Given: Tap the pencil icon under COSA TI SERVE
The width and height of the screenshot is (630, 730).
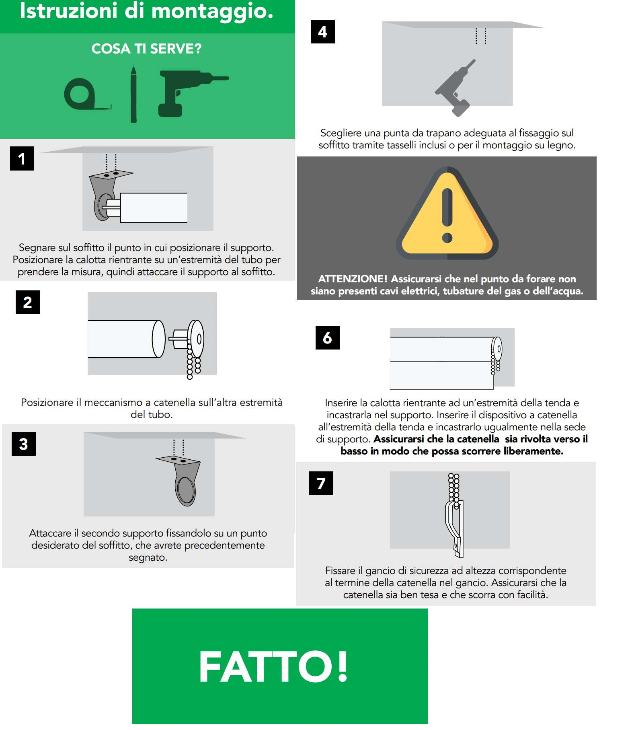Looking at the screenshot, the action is click(x=133, y=94).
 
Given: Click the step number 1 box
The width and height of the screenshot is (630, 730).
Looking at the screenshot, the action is click(x=22, y=158).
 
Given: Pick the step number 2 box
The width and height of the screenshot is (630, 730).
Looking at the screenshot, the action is click(x=28, y=302).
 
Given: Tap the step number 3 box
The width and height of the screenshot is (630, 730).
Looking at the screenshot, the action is click(x=24, y=444).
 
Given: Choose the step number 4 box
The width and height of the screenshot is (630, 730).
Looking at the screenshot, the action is click(x=323, y=31).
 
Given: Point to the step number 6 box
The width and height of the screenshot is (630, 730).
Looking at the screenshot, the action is click(x=328, y=337).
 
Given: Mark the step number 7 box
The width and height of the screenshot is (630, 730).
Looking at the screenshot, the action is click(x=321, y=483).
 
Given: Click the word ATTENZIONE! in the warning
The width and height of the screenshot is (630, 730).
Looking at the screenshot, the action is click(x=353, y=279).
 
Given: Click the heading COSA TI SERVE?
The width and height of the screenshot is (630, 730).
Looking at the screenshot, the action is click(x=147, y=49).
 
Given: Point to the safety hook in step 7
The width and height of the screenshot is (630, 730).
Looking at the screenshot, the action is click(x=456, y=528).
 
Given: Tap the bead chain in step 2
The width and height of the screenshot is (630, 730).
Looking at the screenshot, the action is click(x=193, y=362).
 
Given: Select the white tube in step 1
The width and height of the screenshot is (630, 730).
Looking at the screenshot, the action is click(x=154, y=208).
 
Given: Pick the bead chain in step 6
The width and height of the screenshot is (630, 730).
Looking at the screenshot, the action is click(x=495, y=361).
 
